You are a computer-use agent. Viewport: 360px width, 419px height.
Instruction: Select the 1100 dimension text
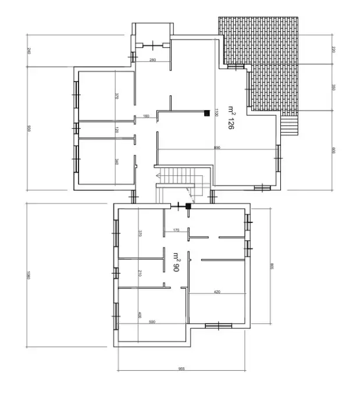(216, 113)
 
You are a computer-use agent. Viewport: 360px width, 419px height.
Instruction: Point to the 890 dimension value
(217, 148)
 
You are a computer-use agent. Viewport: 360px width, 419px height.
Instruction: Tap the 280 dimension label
(152, 60)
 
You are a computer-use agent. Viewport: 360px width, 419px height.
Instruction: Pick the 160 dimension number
(146, 116)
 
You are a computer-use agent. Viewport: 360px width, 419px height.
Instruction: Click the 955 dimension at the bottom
(181, 368)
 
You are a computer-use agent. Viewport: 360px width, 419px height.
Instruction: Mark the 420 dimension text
(217, 291)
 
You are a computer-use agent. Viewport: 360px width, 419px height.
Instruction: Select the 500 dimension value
(152, 321)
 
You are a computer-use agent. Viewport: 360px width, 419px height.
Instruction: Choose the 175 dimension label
(176, 230)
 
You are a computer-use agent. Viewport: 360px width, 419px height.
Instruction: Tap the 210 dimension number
(140, 272)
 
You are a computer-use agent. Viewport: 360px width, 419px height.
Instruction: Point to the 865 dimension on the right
(272, 267)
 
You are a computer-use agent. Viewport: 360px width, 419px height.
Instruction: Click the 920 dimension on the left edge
(28, 129)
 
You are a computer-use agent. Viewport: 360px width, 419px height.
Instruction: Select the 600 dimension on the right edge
(333, 150)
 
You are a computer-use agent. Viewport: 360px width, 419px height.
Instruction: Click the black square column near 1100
(206, 113)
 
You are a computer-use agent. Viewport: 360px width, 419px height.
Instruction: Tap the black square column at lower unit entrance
(187, 205)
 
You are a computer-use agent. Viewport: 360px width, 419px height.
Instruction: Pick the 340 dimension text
(117, 162)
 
